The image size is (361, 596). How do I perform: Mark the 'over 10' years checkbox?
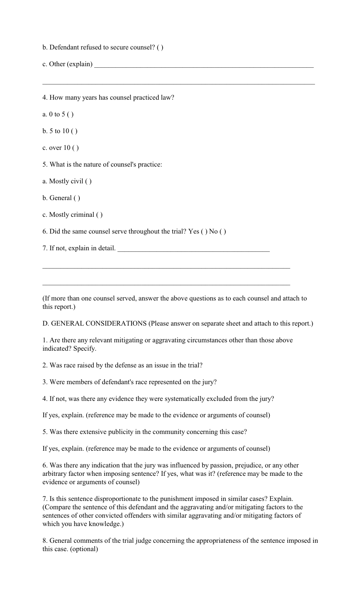click(x=76, y=148)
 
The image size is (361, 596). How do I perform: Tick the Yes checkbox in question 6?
click(x=204, y=232)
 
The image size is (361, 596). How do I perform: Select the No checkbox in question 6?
click(x=223, y=232)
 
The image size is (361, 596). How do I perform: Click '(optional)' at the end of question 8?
click(x=84, y=549)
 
